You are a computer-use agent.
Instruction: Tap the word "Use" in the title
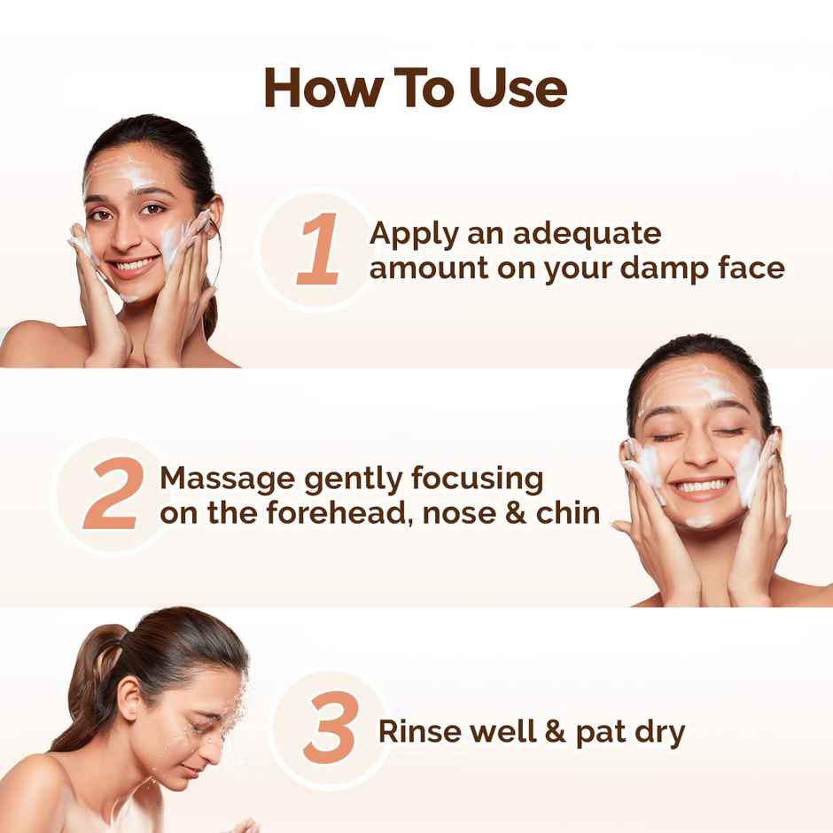(518, 88)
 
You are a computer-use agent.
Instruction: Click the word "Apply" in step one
(413, 235)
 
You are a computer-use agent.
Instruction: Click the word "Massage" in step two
(228, 479)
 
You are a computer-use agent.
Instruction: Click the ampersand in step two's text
(508, 512)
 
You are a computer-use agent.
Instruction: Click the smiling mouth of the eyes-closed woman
(702, 487)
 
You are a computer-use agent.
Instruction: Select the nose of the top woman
(132, 232)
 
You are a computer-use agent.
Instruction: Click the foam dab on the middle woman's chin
(700, 522)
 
